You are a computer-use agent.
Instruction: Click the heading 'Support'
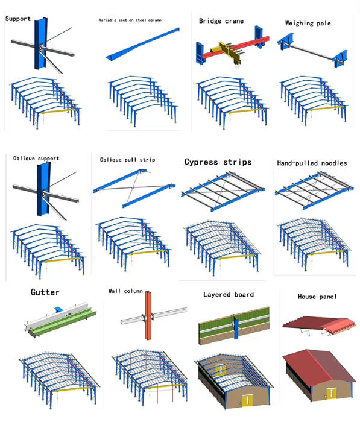pyautogui.click(x=17, y=19)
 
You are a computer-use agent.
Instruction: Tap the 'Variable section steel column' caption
pyautogui.click(x=130, y=20)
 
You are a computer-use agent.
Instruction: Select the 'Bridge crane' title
pyautogui.click(x=221, y=21)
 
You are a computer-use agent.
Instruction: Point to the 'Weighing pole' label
pyautogui.click(x=308, y=23)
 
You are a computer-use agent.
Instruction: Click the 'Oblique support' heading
pyautogui.click(x=36, y=158)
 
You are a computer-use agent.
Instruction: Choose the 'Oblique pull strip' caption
pyautogui.click(x=127, y=160)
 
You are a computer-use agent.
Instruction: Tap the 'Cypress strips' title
pyautogui.click(x=218, y=162)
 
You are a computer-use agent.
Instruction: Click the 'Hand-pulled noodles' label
pyautogui.click(x=312, y=163)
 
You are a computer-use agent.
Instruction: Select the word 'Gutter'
pyautogui.click(x=45, y=292)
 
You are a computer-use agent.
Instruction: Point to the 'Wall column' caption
pyautogui.click(x=125, y=291)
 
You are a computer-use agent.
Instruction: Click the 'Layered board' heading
pyautogui.click(x=229, y=294)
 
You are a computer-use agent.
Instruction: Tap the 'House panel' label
pyautogui.click(x=317, y=297)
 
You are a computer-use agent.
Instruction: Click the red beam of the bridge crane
pyautogui.click(x=236, y=46)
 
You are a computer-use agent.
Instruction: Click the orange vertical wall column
pyautogui.click(x=148, y=315)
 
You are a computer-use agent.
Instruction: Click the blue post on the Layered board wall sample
pyautogui.click(x=236, y=327)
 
